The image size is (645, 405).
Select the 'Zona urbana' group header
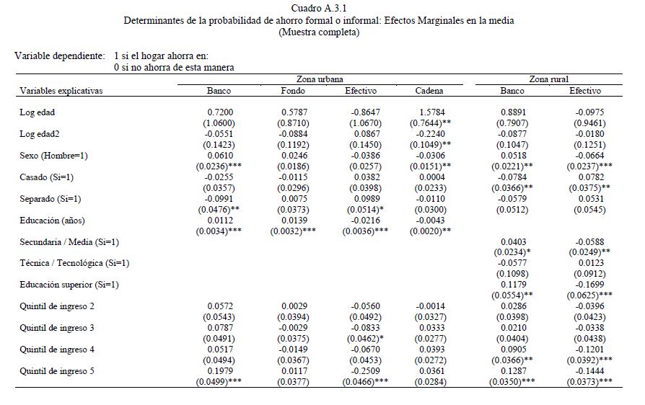320,79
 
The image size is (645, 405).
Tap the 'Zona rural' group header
548,79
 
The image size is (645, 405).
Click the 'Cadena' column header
429,91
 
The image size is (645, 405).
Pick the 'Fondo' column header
293,91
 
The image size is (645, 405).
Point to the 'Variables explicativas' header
61,91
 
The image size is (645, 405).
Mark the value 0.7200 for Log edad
219,112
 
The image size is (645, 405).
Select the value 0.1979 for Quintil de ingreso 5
219,371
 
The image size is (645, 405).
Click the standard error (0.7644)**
431,123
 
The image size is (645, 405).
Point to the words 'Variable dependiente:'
60,55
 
